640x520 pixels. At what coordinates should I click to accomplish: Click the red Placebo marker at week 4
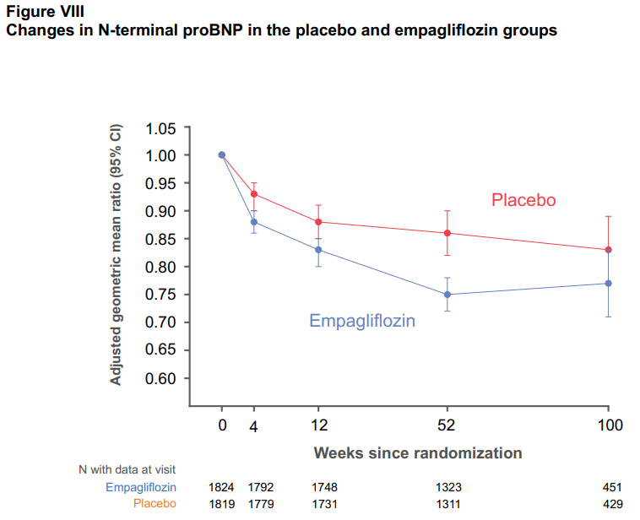coord(254,194)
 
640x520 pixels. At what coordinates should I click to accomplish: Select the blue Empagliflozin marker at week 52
coord(447,295)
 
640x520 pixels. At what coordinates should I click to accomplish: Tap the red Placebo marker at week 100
coord(609,250)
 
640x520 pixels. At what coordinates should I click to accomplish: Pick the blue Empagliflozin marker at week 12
coord(317,250)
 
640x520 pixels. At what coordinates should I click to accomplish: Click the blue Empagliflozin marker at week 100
coord(609,283)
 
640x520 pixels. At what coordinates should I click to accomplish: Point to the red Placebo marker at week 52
coord(447,233)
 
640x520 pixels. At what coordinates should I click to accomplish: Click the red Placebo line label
coord(523,200)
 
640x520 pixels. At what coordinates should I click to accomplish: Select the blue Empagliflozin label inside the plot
coord(362,321)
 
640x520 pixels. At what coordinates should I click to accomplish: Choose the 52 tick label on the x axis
coord(447,425)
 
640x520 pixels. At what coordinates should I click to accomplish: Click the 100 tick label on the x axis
coord(609,425)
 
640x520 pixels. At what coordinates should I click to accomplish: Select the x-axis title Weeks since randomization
coord(418,452)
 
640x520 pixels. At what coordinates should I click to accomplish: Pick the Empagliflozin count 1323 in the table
coord(447,487)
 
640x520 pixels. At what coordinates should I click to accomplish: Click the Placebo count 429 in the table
coord(611,503)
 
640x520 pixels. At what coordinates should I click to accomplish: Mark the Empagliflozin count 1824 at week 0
coord(221,487)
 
